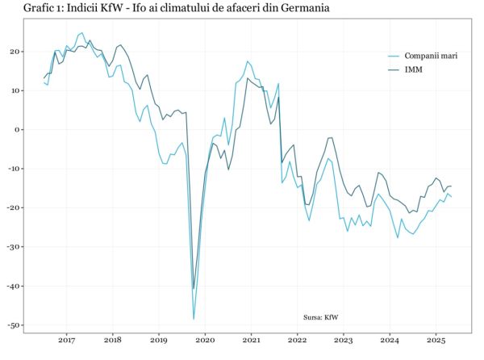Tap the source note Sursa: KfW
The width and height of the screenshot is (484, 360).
click(321, 317)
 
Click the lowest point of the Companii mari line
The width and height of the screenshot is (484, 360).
click(194, 319)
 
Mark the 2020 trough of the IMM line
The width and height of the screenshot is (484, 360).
click(194, 289)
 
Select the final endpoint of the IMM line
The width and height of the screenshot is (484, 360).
click(451, 186)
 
